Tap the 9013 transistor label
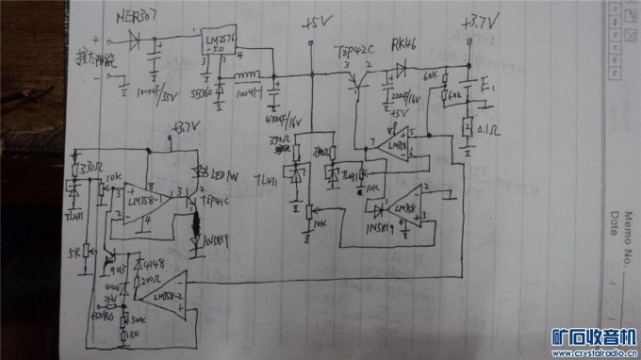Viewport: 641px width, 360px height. click(x=120, y=270)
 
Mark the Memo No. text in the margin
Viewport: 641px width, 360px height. click(x=620, y=247)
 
